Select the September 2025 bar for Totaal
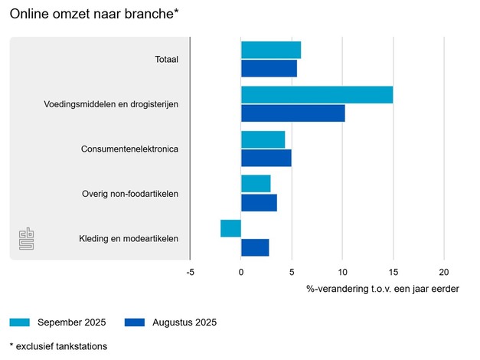point(271,51)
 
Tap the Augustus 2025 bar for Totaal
point(269,69)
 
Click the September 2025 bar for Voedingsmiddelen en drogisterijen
point(317,95)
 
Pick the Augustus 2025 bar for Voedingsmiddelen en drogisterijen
point(292,113)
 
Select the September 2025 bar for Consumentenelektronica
point(263,139)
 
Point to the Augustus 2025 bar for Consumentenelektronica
point(266,158)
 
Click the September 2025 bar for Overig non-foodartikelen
point(256,184)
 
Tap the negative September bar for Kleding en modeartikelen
point(230,228)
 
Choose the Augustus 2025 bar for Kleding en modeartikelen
point(255,247)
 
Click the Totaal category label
point(166,60)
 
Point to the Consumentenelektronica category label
point(129,149)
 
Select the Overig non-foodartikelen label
point(130,193)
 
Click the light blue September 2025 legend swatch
point(20,322)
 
